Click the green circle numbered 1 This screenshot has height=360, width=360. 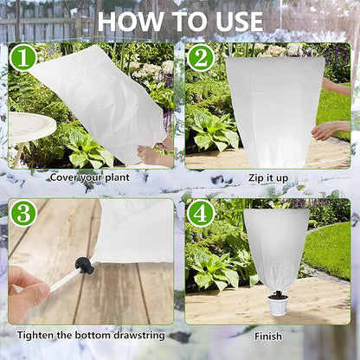(x=23, y=58)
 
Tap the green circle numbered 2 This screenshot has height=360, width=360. (x=201, y=58)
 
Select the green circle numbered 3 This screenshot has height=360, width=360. (x=22, y=214)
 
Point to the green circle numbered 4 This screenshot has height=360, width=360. (x=201, y=214)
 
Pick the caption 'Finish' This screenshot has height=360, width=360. (x=267, y=335)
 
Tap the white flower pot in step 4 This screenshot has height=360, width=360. (x=278, y=304)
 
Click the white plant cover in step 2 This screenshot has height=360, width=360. (x=274, y=108)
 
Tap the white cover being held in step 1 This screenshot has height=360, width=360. (x=100, y=104)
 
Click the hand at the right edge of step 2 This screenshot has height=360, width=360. (x=332, y=130)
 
